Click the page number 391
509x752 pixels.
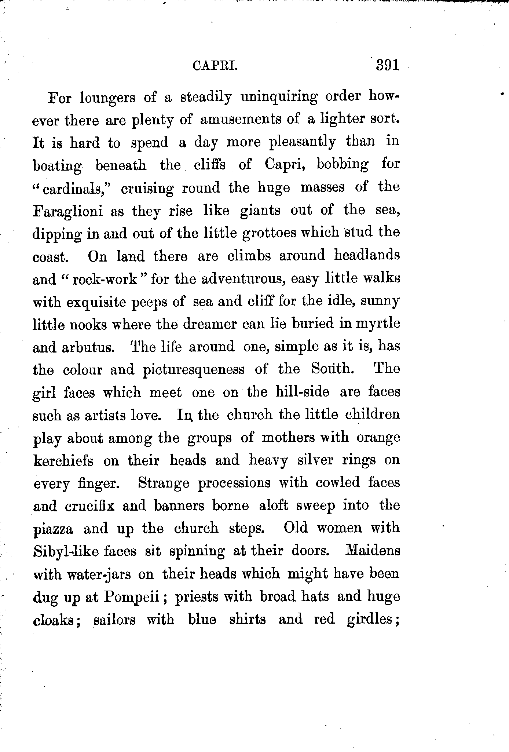tap(387, 66)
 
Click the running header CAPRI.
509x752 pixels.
tap(215, 67)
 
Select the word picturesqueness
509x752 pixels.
tap(193, 369)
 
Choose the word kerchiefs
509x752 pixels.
tap(63, 460)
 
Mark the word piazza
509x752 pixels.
tap(53, 529)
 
